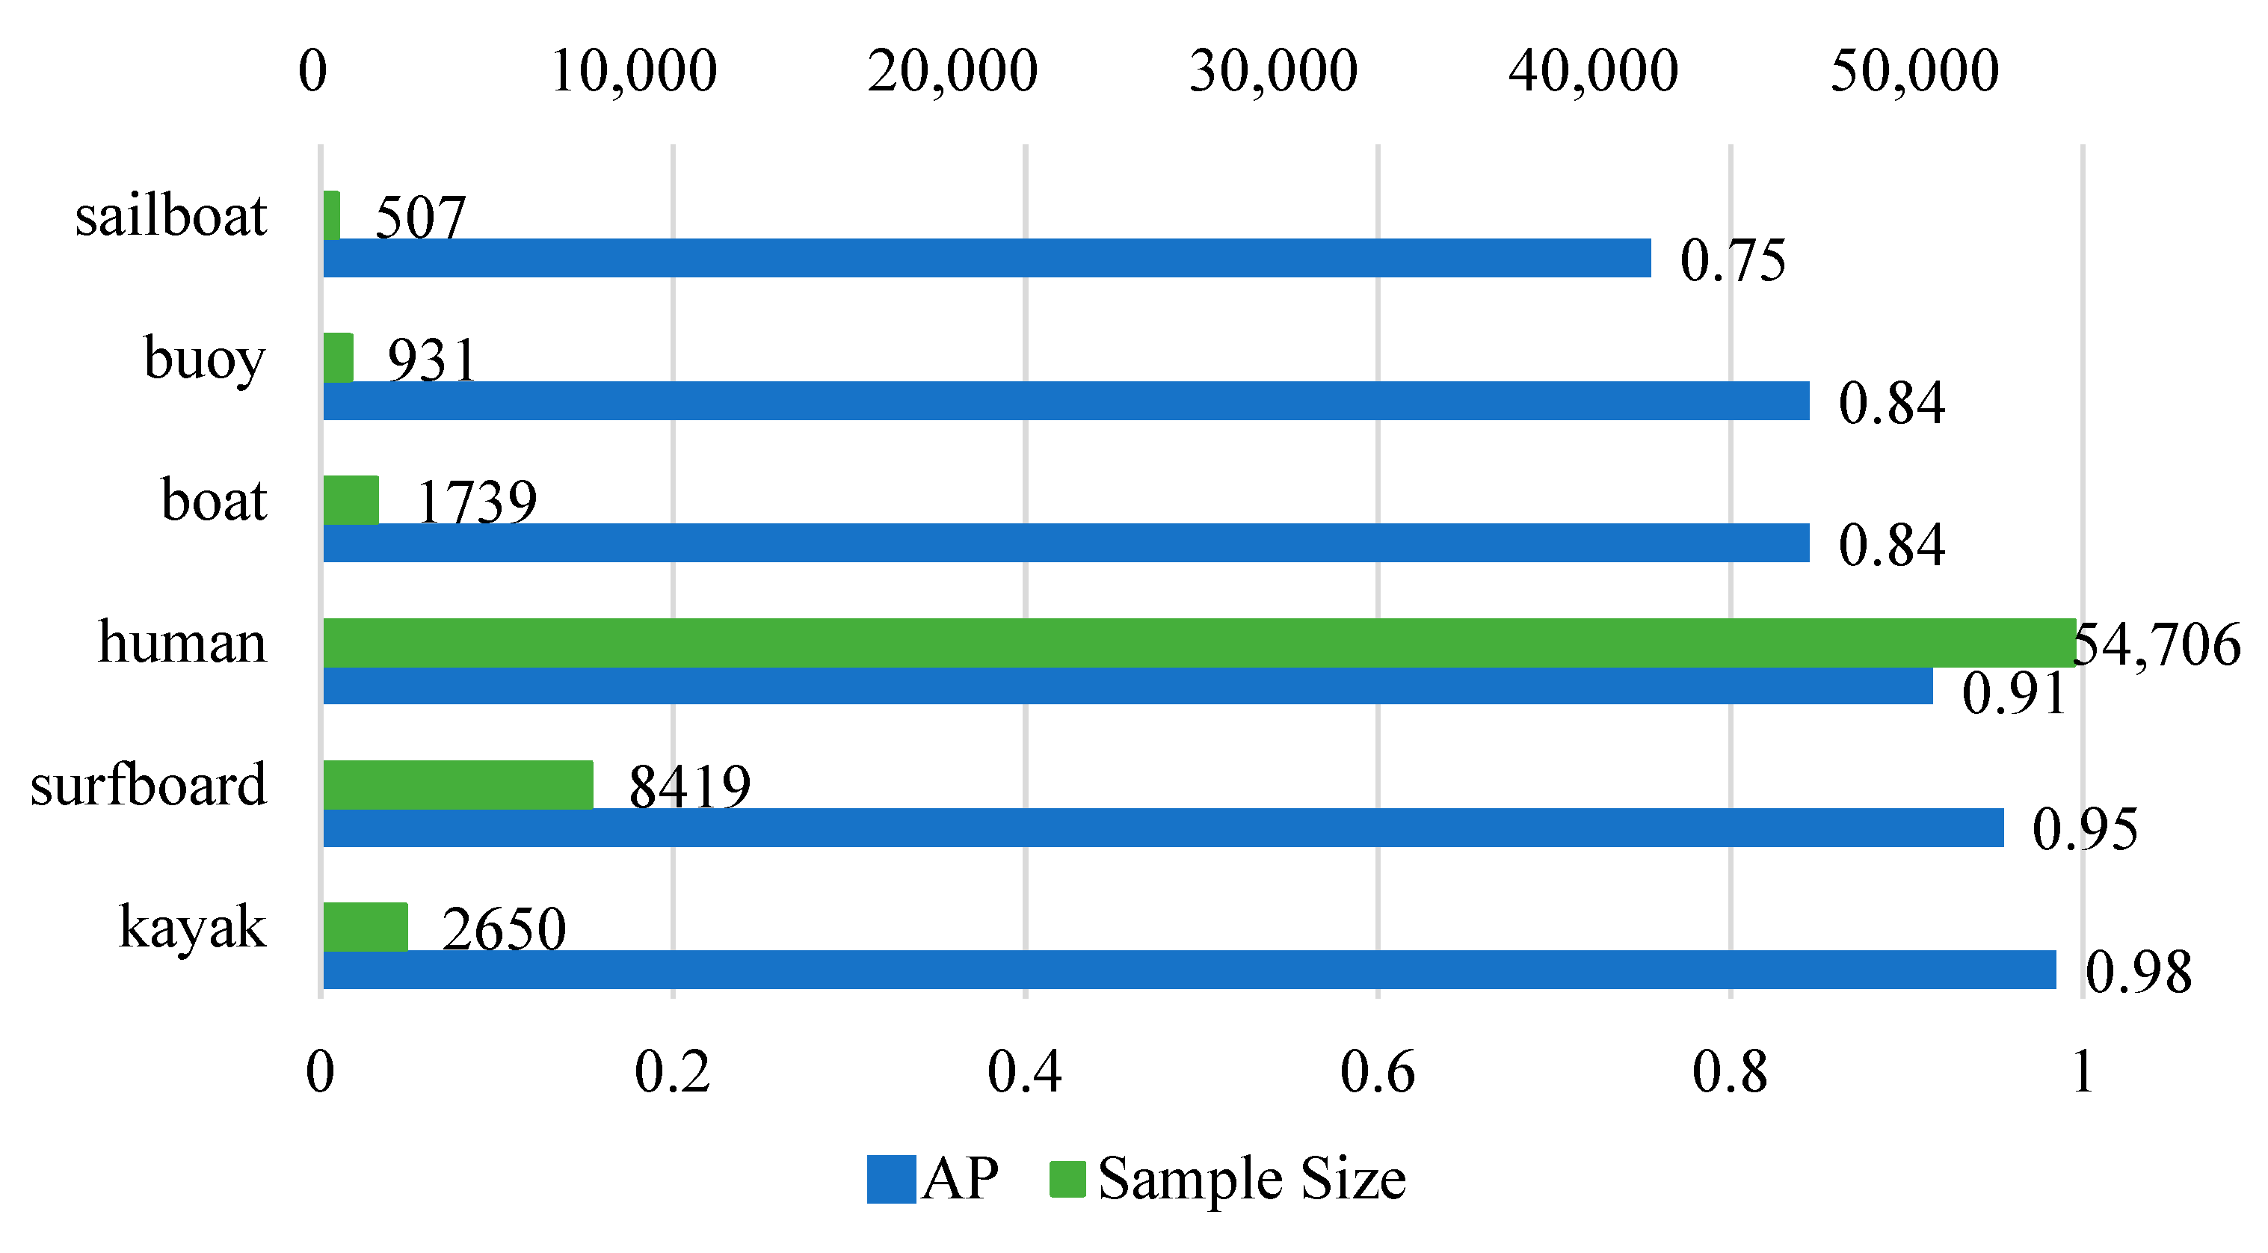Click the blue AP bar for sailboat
pyautogui.click(x=986, y=258)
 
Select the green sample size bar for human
pyautogui.click(x=1198, y=643)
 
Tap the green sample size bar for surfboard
pyautogui.click(x=457, y=784)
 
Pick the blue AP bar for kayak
pyautogui.click(x=1189, y=970)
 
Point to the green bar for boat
pyautogui.click(x=351, y=500)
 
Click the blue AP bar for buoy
pyautogui.click(x=1065, y=401)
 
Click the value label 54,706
pyautogui.click(x=2157, y=644)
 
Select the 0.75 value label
pyautogui.click(x=1733, y=261)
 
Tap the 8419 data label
pyautogui.click(x=689, y=786)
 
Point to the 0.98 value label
pyautogui.click(x=2139, y=972)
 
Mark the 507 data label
pyautogui.click(x=420, y=218)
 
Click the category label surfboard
pyautogui.click(x=148, y=784)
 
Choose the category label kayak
pyautogui.click(x=192, y=927)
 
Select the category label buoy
pyautogui.click(x=204, y=358)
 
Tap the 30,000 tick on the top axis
pyautogui.click(x=1273, y=70)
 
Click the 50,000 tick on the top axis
pyautogui.click(x=1914, y=70)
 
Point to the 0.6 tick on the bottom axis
pyautogui.click(x=1377, y=1073)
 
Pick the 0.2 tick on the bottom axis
pyautogui.click(x=672, y=1073)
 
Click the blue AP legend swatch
pyautogui.click(x=891, y=1179)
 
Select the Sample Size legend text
pyautogui.click(x=1252, y=1179)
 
